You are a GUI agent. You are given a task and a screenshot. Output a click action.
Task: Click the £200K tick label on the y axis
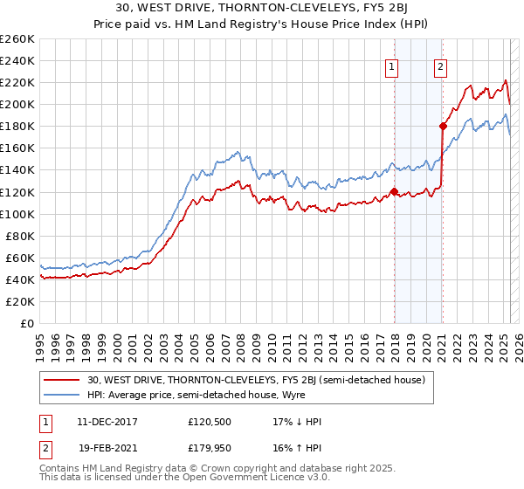pyautogui.click(x=17, y=104)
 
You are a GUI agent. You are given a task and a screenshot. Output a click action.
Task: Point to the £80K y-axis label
pyautogui.click(x=20, y=236)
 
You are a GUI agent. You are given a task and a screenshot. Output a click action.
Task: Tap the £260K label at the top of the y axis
pyautogui.click(x=17, y=38)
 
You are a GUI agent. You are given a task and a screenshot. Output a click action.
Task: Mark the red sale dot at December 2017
pyautogui.click(x=394, y=191)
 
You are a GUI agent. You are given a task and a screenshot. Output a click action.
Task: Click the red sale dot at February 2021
pyautogui.click(x=443, y=126)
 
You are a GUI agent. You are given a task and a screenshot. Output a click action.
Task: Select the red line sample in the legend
pyautogui.click(x=61, y=380)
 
